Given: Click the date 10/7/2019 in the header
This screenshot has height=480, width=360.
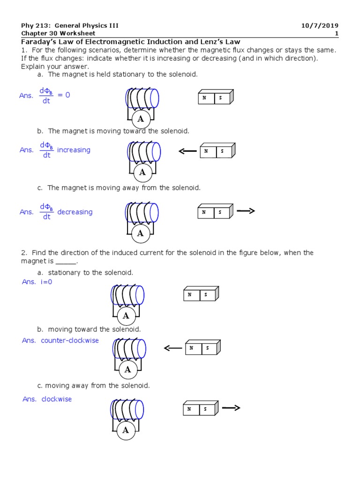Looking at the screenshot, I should [x=320, y=25].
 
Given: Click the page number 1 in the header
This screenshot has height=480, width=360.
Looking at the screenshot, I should [x=337, y=33].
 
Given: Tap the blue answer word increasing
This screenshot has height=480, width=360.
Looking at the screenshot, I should [x=74, y=150].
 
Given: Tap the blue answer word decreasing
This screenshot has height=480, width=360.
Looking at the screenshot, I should [x=75, y=212].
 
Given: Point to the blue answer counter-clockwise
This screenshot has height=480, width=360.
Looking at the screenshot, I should [x=70, y=340].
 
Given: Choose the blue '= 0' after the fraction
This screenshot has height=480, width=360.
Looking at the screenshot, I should [x=64, y=95].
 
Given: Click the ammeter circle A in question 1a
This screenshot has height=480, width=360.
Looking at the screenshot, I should [x=141, y=119].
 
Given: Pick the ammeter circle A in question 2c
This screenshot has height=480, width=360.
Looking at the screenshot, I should [x=125, y=430].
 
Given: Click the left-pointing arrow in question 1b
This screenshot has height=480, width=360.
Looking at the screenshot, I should [x=187, y=151].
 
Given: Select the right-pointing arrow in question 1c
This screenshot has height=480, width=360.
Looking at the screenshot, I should [x=246, y=211].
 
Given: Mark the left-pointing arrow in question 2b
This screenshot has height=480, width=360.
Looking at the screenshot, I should [x=172, y=348].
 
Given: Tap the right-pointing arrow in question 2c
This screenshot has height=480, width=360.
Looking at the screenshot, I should [x=231, y=408].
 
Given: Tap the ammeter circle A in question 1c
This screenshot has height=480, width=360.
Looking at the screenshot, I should [x=140, y=233].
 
